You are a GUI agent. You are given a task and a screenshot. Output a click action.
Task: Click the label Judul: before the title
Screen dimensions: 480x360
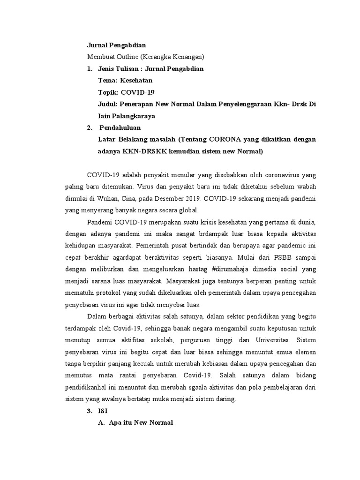click(x=108, y=104)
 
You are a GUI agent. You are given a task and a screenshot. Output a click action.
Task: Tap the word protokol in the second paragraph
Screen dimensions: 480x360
click(x=122, y=292)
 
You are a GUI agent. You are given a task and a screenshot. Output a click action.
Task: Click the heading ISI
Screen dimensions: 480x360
click(x=103, y=411)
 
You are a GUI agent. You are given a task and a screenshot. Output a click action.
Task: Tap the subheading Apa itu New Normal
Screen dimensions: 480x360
click(x=141, y=422)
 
